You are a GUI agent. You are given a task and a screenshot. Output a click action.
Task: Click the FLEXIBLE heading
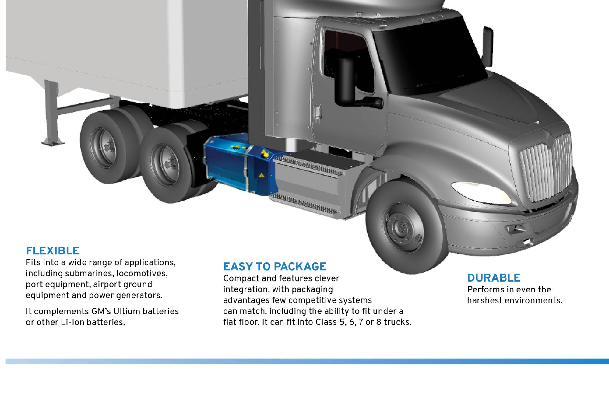coord(53,251)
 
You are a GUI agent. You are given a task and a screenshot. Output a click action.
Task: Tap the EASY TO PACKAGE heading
coord(274,267)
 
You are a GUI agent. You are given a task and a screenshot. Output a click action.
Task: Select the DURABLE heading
coord(494,278)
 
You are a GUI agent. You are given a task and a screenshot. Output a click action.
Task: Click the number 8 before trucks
coord(379,322)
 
